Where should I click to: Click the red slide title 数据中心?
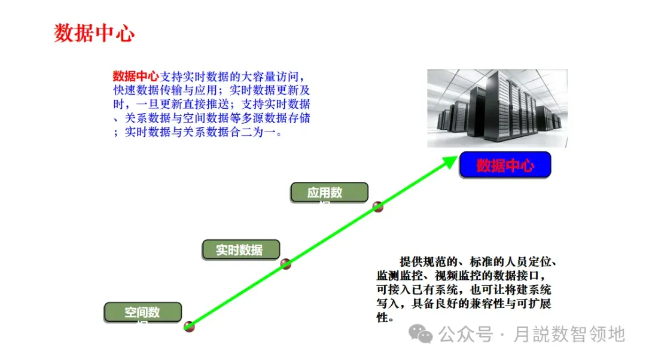(95, 33)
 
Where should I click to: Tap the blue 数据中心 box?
(505, 166)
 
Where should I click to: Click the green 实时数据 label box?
(240, 250)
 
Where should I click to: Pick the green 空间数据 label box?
(142, 313)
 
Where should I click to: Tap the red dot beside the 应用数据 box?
(377, 207)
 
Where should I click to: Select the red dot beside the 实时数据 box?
(286, 263)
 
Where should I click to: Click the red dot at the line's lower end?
(190, 326)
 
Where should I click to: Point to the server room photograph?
(497, 108)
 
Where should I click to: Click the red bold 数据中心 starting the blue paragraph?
(136, 77)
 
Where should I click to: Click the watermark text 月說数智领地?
(569, 334)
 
